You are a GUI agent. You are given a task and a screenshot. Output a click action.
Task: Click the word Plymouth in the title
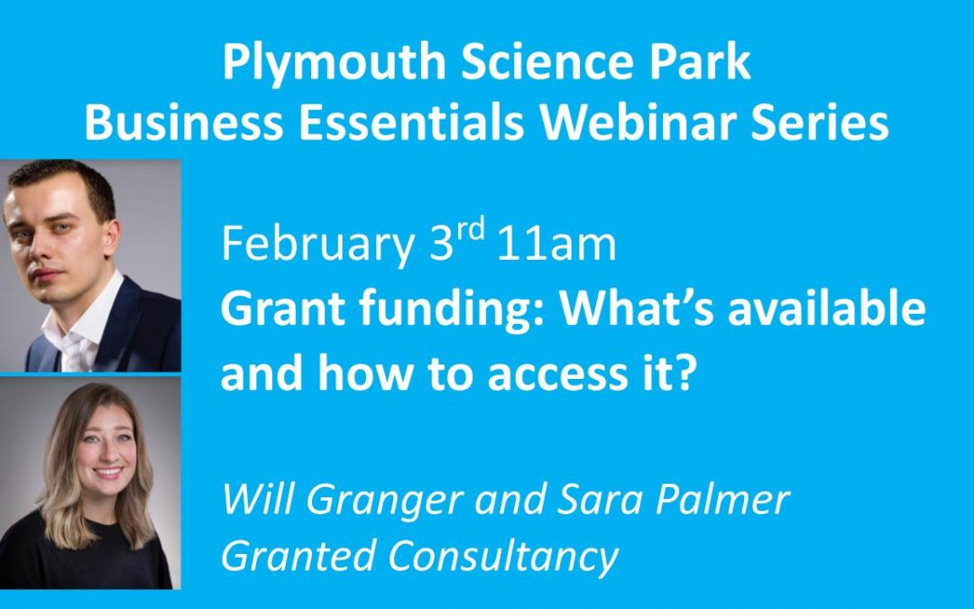pyautogui.click(x=335, y=63)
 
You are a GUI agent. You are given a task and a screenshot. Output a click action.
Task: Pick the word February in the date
pyautogui.click(x=318, y=245)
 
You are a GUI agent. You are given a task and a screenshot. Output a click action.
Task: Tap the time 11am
pyautogui.click(x=556, y=244)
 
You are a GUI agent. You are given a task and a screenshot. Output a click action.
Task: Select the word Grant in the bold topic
pyautogui.click(x=283, y=309)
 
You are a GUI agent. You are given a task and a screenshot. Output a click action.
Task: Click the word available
pyautogui.click(x=827, y=308)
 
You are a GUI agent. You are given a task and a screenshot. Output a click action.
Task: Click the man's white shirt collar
pyautogui.click(x=82, y=323)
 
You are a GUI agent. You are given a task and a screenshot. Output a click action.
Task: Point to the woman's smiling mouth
pyautogui.click(x=109, y=473)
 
